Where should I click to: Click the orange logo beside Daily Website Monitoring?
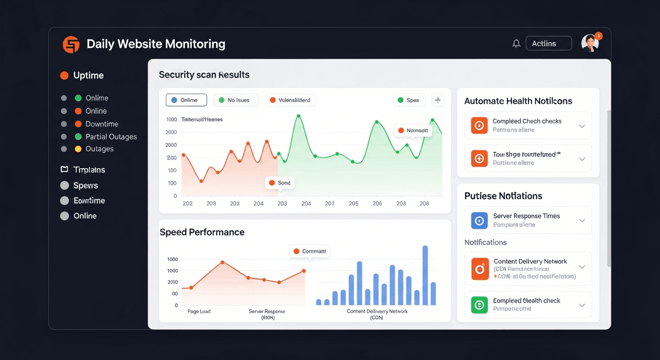click(71, 45)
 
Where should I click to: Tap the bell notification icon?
click(516, 44)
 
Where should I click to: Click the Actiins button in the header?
click(548, 44)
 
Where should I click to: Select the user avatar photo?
click(590, 43)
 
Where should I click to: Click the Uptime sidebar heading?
click(88, 75)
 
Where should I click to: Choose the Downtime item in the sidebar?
click(101, 124)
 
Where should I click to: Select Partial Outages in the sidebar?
click(111, 137)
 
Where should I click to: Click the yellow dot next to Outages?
click(78, 149)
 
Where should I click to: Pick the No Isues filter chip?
click(236, 100)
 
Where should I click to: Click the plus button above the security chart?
click(437, 100)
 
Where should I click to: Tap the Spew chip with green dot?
click(409, 100)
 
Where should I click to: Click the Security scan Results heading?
click(204, 75)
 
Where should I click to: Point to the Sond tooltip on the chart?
click(280, 183)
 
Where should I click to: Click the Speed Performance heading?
click(202, 232)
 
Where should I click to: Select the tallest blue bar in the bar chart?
click(425, 275)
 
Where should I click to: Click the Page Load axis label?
click(199, 311)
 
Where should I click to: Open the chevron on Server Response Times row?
click(582, 220)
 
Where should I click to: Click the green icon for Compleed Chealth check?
click(479, 305)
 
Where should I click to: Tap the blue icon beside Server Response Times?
click(479, 220)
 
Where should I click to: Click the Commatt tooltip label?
click(310, 251)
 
